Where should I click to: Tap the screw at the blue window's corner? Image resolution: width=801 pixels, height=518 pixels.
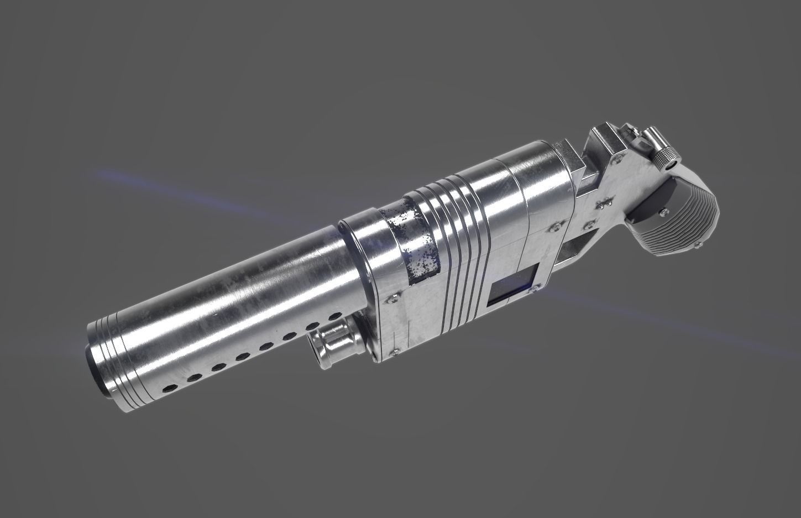(x=536, y=286)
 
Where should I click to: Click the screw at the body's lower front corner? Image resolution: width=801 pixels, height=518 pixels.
(x=395, y=350)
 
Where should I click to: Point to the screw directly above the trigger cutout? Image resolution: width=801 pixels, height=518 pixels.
(x=591, y=223)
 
